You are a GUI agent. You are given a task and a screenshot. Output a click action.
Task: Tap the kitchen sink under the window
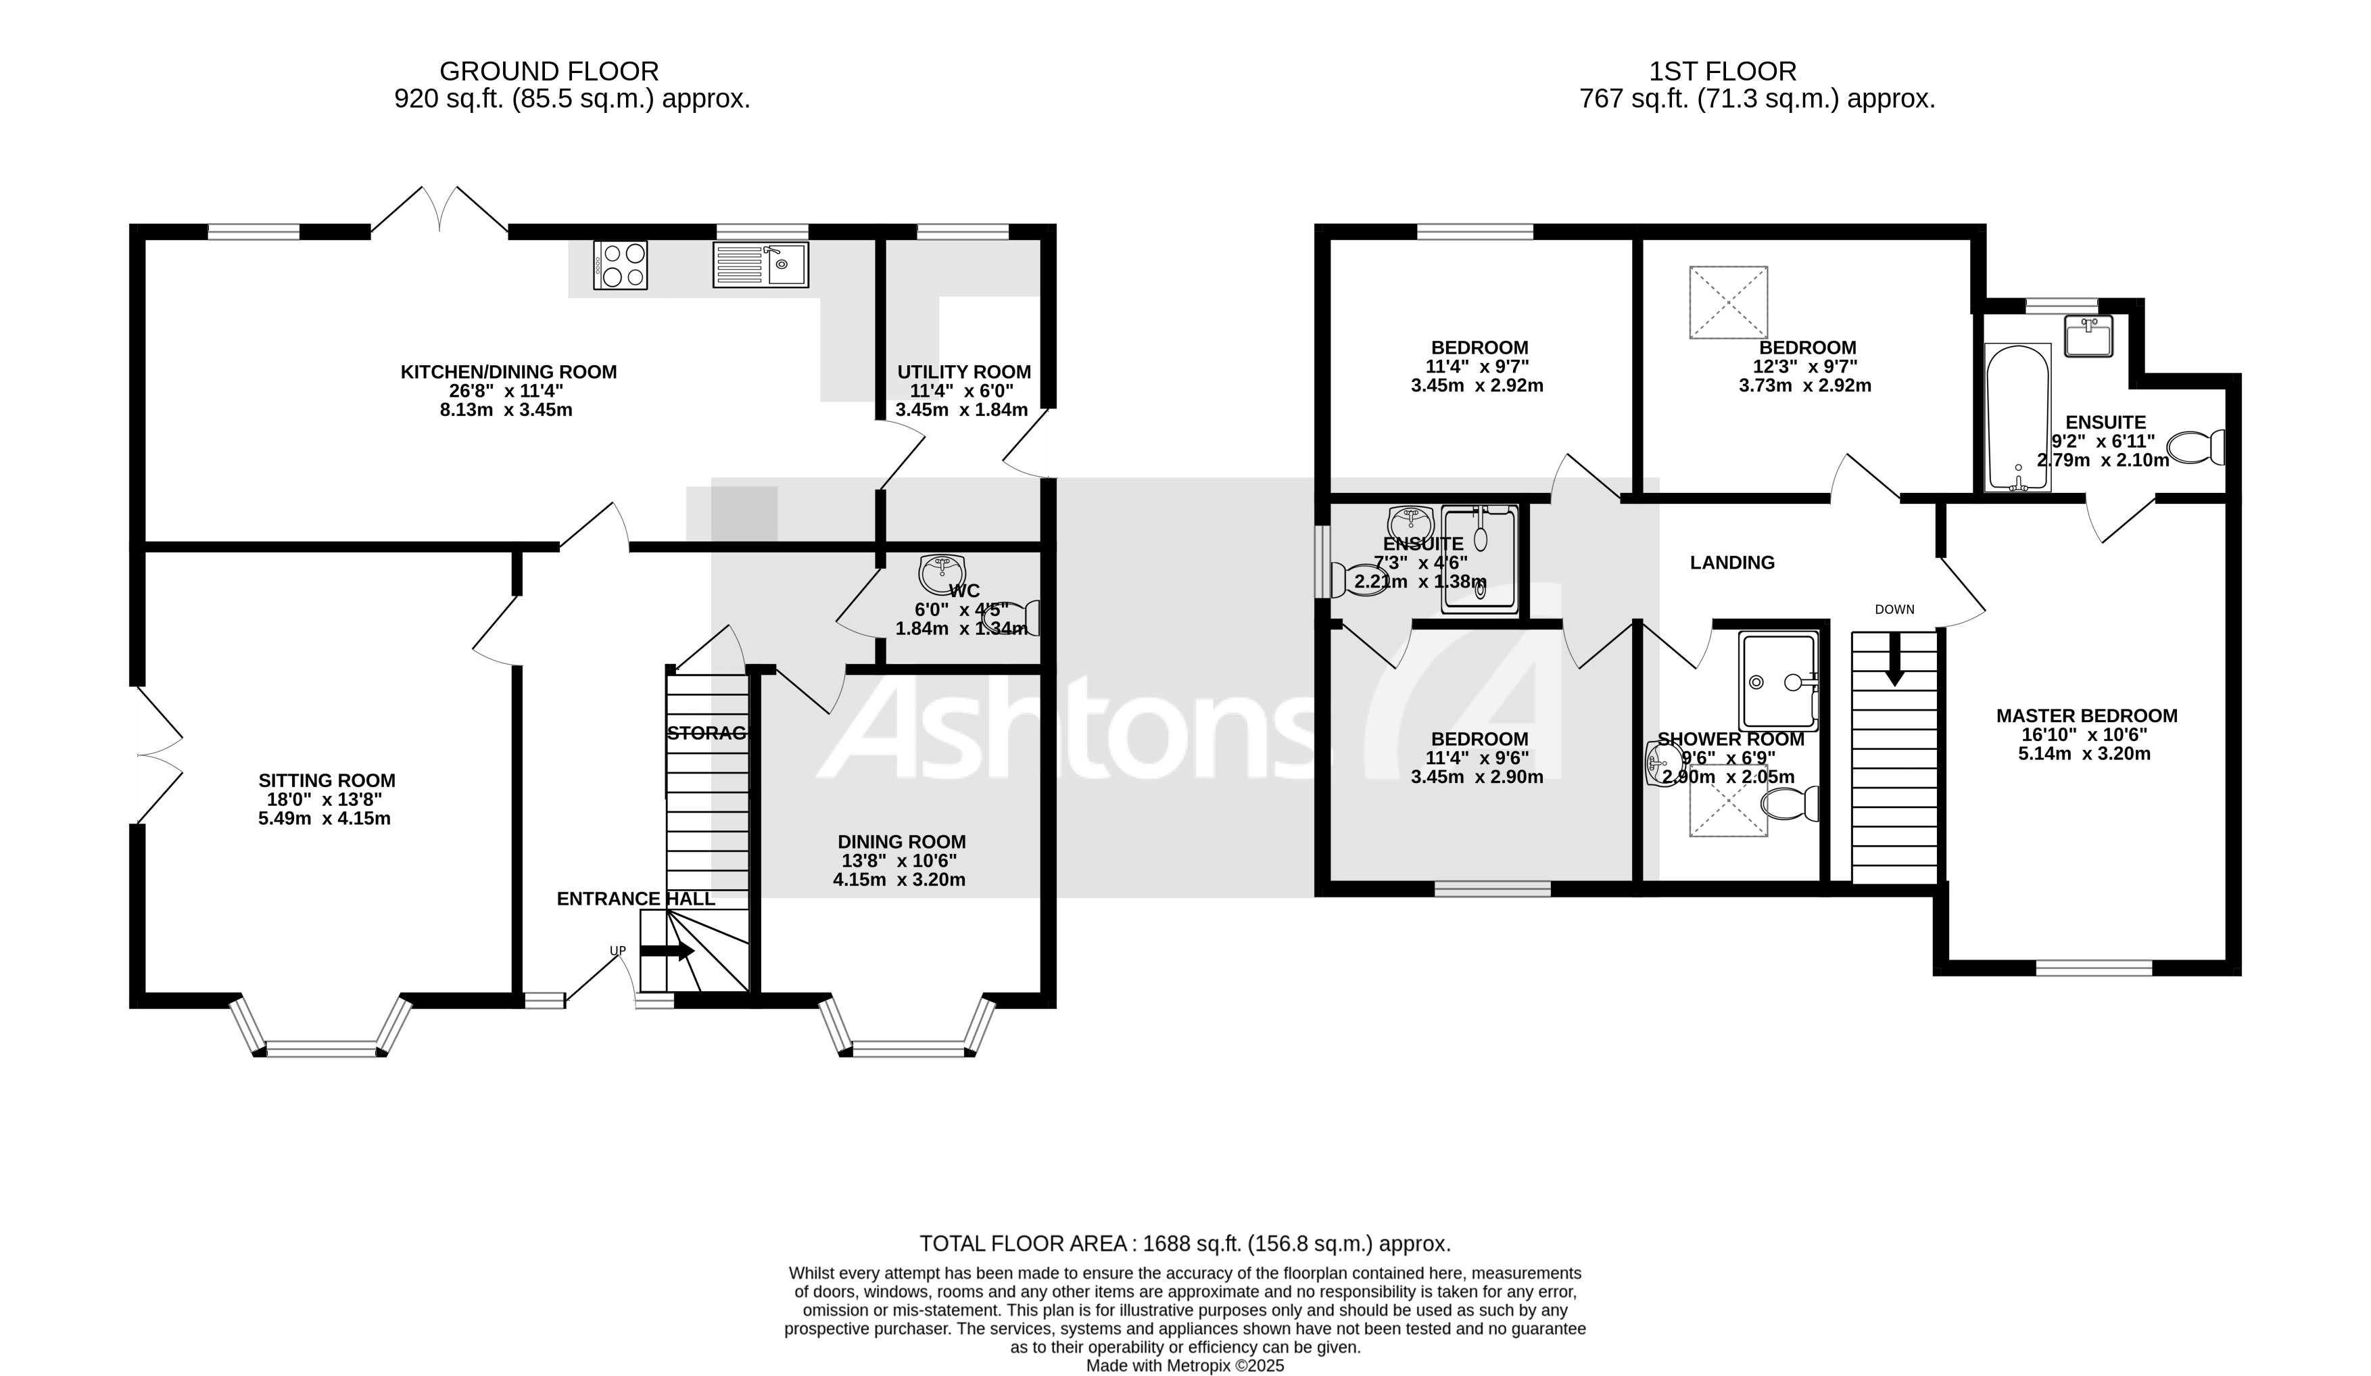[759, 264]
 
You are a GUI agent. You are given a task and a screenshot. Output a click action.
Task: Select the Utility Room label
[963, 372]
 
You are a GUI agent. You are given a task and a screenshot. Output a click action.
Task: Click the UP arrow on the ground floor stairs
[667, 951]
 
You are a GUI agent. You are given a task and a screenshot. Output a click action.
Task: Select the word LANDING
[1732, 563]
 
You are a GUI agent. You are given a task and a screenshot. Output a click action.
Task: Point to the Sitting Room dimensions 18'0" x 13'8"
[325, 800]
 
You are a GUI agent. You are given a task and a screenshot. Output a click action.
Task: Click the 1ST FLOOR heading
[1722, 72]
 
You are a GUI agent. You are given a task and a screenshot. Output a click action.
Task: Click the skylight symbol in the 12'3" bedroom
[1727, 303]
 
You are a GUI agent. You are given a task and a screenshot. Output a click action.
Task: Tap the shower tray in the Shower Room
[1777, 680]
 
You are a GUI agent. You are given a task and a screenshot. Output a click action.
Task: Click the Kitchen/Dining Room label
[508, 372]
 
